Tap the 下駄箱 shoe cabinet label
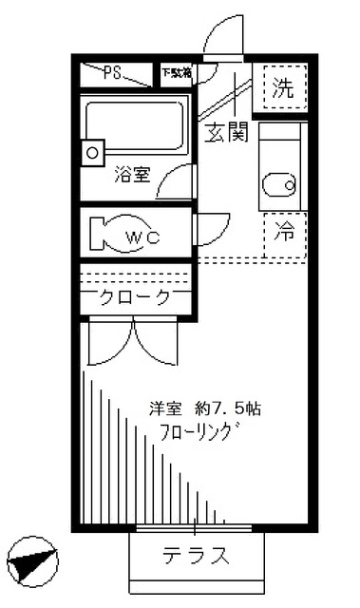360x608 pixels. [x=176, y=72]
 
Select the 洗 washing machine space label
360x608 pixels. [x=282, y=90]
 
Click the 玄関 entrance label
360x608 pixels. [x=226, y=132]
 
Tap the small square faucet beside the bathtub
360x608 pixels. [x=93, y=150]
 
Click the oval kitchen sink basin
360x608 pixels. [x=278, y=184]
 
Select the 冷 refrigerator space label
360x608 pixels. [x=283, y=231]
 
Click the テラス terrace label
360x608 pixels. [x=196, y=555]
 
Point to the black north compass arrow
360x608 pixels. [x=30, y=560]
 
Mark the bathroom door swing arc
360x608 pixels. [x=176, y=180]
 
